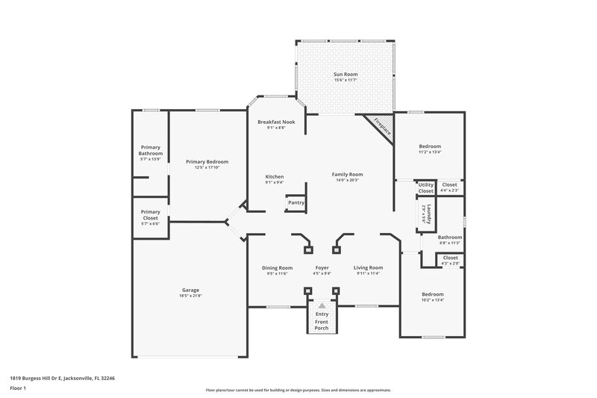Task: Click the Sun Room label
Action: coord(345,75)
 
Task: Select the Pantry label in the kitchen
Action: coord(296,202)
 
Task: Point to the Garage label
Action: coord(190,290)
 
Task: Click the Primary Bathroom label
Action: coord(150,150)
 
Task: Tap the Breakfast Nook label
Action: coord(276,122)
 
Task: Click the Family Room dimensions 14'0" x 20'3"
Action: coord(347,180)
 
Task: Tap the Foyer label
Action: coord(322,267)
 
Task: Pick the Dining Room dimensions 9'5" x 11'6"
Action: coord(277,273)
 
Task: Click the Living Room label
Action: coord(368,267)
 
